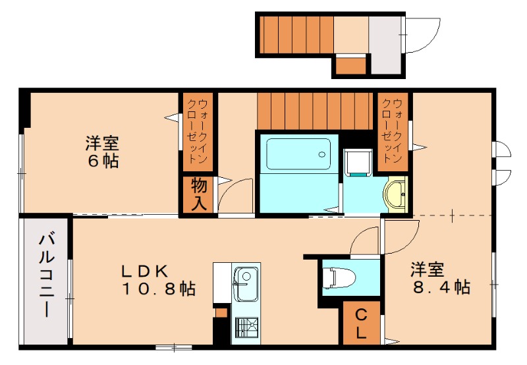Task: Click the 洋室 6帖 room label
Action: coord(101,152)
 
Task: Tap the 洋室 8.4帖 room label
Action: coord(440,278)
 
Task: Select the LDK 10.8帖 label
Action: coord(157,279)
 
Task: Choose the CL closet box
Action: coord(362,323)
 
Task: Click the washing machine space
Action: coord(358,162)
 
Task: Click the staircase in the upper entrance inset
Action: coord(296,34)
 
